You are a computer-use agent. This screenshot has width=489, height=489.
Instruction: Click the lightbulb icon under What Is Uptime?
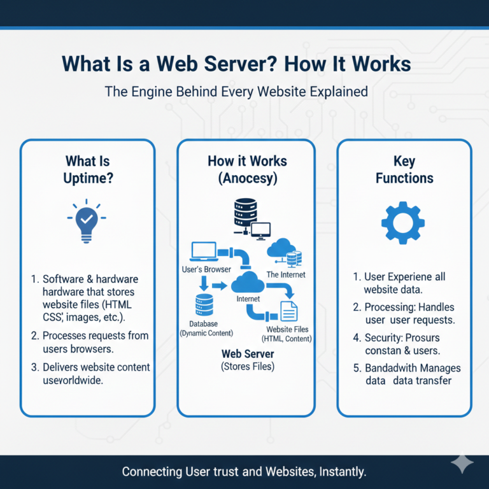(x=87, y=222)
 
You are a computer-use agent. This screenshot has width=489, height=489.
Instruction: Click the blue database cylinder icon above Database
(x=204, y=306)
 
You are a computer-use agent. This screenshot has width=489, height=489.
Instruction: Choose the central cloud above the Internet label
(x=248, y=281)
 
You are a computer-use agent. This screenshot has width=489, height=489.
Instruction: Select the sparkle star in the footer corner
(x=462, y=465)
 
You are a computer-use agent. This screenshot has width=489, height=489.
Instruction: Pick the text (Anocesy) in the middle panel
(x=247, y=179)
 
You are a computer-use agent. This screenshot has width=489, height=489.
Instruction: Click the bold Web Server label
(x=247, y=353)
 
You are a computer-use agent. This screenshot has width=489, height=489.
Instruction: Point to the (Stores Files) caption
(x=247, y=366)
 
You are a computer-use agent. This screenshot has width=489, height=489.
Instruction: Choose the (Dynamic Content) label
(x=206, y=333)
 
